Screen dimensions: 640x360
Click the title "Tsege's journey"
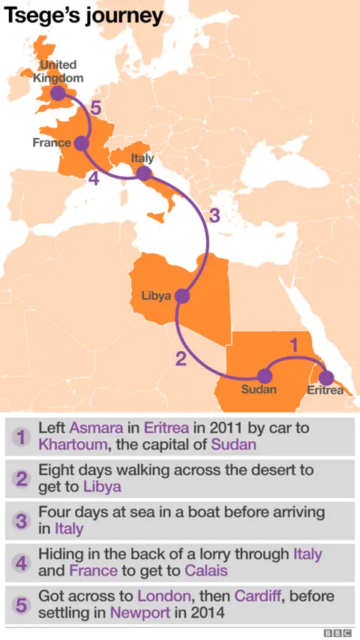[83, 16]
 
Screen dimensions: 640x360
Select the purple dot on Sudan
[264, 377]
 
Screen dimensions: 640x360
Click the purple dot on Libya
[181, 296]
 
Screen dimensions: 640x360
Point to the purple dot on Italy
[143, 173]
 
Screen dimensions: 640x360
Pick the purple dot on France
[82, 143]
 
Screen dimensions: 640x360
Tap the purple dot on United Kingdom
[58, 95]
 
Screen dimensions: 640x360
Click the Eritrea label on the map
[325, 390]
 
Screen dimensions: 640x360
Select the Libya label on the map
[156, 296]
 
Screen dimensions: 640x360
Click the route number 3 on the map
[214, 216]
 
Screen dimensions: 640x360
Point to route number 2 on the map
[180, 359]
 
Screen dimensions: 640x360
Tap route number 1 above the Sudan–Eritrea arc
[294, 345]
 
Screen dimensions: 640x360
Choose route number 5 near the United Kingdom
[95, 109]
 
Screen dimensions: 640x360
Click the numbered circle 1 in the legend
[22, 436]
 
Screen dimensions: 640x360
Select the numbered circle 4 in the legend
[22, 563]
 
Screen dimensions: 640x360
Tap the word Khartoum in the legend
[71, 444]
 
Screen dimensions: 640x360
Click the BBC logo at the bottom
[337, 632]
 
